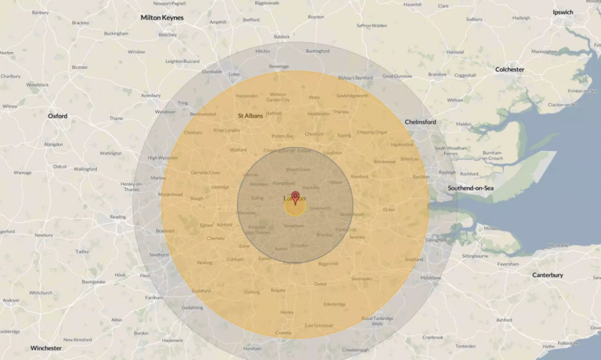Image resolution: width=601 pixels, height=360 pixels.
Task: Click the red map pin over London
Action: [x=295, y=197]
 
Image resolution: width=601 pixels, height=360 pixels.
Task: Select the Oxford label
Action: [x=57, y=116]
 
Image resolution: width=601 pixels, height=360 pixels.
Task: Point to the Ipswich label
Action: [x=563, y=12]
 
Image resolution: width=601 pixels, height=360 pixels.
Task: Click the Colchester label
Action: [x=510, y=69]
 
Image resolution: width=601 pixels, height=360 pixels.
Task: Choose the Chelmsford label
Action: [x=421, y=122]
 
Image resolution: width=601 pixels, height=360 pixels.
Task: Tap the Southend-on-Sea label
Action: [x=470, y=188]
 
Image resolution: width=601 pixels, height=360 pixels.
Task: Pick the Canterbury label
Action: [x=548, y=275]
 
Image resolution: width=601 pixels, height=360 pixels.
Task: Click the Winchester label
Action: [x=46, y=348]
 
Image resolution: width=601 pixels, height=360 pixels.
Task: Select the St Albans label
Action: [x=250, y=116]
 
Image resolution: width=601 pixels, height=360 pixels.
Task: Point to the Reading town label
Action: [x=118, y=216]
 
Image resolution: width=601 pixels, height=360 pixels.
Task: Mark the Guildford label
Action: [x=201, y=291]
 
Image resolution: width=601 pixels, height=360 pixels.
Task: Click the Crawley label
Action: [x=283, y=332]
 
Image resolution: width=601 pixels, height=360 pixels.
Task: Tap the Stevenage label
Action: [x=278, y=66]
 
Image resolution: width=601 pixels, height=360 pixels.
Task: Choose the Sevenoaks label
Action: [x=361, y=278]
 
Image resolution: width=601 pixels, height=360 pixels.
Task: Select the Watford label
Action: [x=238, y=150]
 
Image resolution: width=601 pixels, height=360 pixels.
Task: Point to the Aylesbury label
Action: [x=151, y=96]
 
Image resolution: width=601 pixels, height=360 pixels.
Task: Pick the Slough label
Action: [x=196, y=198]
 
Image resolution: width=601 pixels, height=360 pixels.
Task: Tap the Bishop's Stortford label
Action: [x=355, y=78]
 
